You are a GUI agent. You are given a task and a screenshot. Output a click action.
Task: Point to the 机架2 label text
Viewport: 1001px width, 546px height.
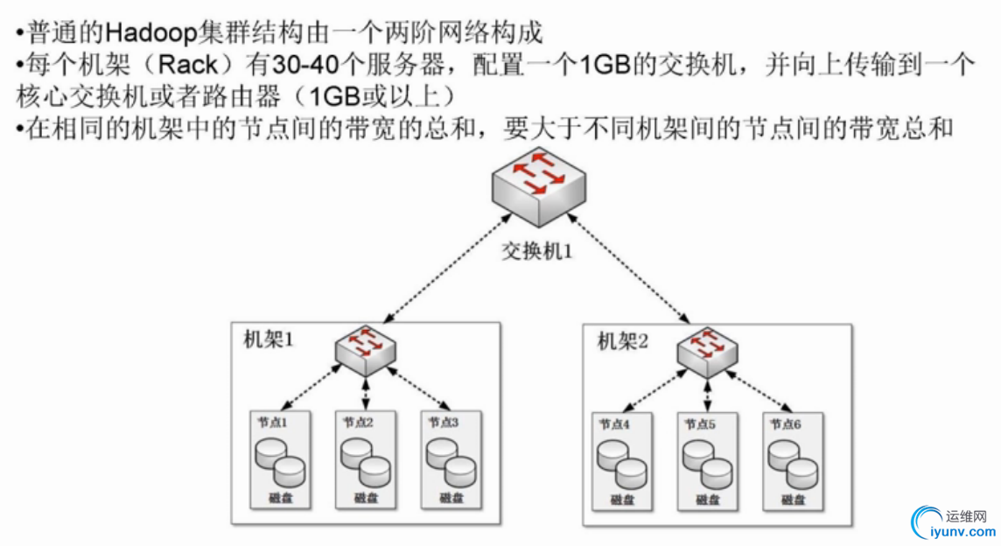click(x=623, y=340)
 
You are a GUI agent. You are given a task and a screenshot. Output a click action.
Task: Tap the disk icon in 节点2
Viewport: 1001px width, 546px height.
click(x=364, y=461)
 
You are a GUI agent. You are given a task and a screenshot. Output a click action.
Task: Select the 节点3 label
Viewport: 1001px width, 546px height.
click(x=444, y=422)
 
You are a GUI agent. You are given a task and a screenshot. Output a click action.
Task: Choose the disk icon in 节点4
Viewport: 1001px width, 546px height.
click(x=620, y=464)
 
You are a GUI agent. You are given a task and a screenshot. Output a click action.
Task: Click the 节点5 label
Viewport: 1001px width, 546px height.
click(x=700, y=424)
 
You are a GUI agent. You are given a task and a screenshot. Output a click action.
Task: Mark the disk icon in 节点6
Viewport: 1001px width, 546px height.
click(x=791, y=464)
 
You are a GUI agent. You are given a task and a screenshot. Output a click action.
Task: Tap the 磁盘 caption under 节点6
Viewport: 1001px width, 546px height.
click(x=793, y=500)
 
